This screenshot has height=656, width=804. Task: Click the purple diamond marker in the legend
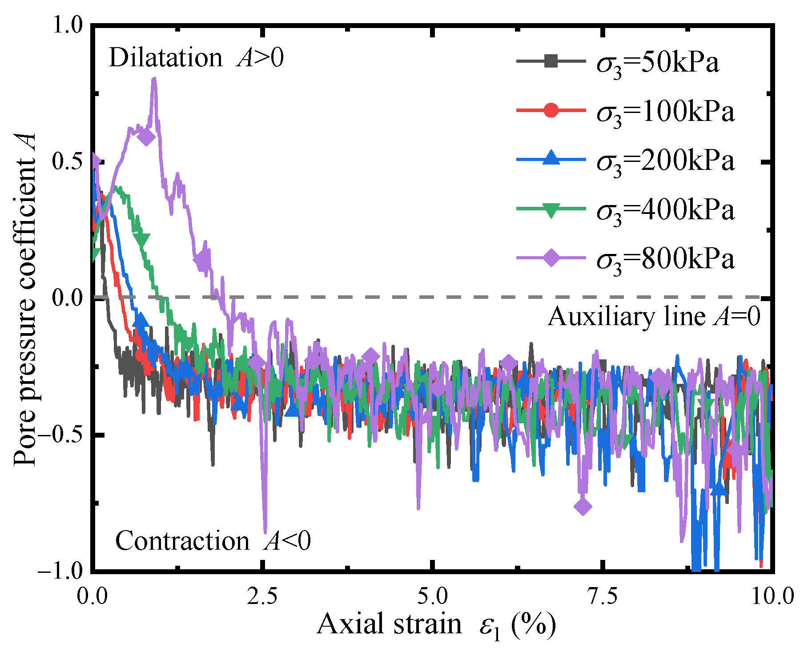[x=551, y=258]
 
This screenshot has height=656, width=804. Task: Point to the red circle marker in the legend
[x=551, y=110]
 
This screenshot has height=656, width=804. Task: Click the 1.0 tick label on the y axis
[x=67, y=25]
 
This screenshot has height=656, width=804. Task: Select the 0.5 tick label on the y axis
[x=67, y=161]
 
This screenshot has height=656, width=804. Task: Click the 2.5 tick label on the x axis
[x=262, y=596]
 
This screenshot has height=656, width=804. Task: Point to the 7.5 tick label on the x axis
[x=603, y=596]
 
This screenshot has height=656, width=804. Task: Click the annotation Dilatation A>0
[x=196, y=58]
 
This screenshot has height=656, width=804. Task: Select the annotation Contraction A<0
[x=213, y=541]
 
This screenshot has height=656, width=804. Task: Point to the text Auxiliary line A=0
[x=654, y=317]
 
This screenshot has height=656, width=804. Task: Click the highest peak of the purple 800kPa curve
[x=154, y=79]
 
